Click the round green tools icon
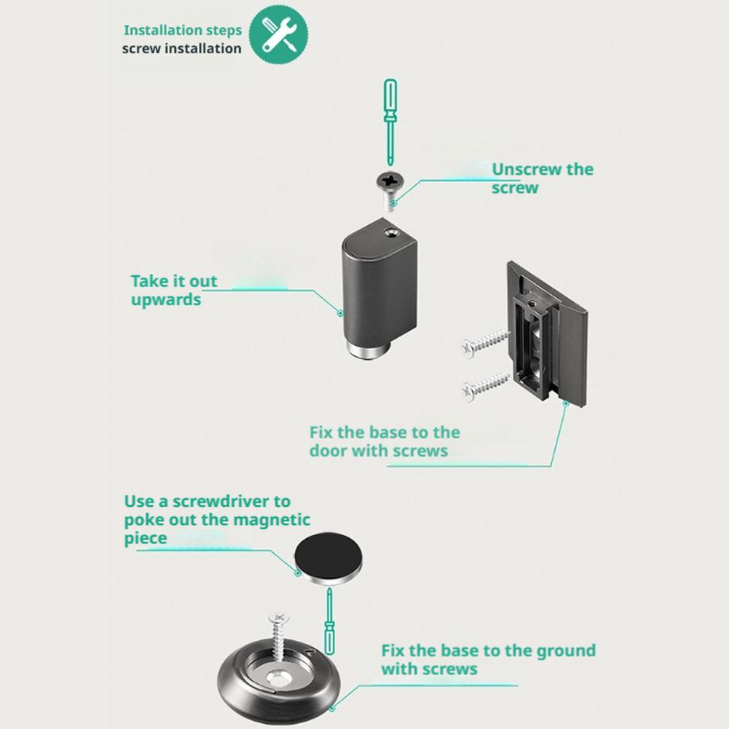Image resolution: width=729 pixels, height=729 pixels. pyautogui.click(x=278, y=35)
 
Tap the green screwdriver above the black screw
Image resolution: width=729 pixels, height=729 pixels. pyautogui.click(x=390, y=122)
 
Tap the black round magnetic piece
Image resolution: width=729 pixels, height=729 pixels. pyautogui.click(x=328, y=558)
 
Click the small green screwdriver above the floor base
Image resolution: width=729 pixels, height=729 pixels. pyautogui.click(x=330, y=621)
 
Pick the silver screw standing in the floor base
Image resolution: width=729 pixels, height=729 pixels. pyautogui.click(x=279, y=637)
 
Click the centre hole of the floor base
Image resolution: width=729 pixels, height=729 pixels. pyautogui.click(x=279, y=679)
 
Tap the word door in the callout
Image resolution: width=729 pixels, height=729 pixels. pyautogui.click(x=328, y=451)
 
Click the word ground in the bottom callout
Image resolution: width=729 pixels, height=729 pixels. pyautogui.click(x=566, y=651)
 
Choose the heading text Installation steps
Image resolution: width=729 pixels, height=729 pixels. pyautogui.click(x=183, y=30)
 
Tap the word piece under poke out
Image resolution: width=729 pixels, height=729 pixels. pyautogui.click(x=146, y=538)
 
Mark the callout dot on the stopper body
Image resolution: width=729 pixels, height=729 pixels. pyautogui.click(x=340, y=313)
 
